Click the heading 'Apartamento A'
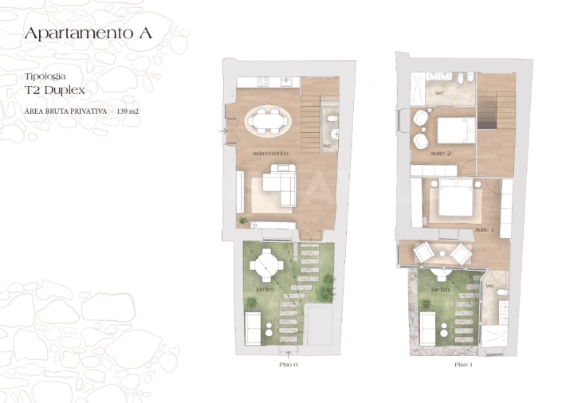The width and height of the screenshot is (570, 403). coord(88,33)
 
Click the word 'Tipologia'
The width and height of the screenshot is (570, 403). coord(45,76)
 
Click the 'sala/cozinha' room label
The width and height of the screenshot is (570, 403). coord(271,152)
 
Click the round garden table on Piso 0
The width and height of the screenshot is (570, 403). coord(272,264)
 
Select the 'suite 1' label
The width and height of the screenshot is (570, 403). coord(484,229)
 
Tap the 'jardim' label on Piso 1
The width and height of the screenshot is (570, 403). coord(438,290)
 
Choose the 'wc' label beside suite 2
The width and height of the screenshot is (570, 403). coord(439,94)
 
